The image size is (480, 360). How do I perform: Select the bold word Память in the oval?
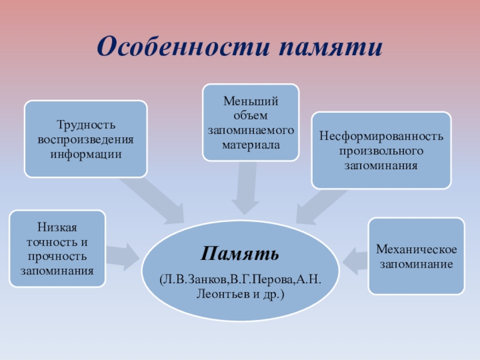pyautogui.click(x=240, y=253)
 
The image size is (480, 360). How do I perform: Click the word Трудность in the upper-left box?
pyautogui.click(x=85, y=125)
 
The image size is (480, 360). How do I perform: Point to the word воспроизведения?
pyautogui.click(x=85, y=140)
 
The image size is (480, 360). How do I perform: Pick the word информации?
pyautogui.click(x=85, y=154)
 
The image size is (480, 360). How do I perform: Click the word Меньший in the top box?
pyautogui.click(x=250, y=101)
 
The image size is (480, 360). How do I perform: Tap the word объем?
pyautogui.click(x=250, y=115)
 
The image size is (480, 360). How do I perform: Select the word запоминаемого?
pyautogui.click(x=250, y=130)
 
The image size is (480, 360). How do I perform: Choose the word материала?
pyautogui.click(x=250, y=144)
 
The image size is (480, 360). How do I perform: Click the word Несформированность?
pyautogui.click(x=381, y=136)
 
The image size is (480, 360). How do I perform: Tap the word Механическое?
pyautogui.click(x=416, y=249)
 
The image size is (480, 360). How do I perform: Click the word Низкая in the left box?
pyautogui.click(x=58, y=228)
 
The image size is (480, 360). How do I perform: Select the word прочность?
pyautogui.click(x=58, y=257)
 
